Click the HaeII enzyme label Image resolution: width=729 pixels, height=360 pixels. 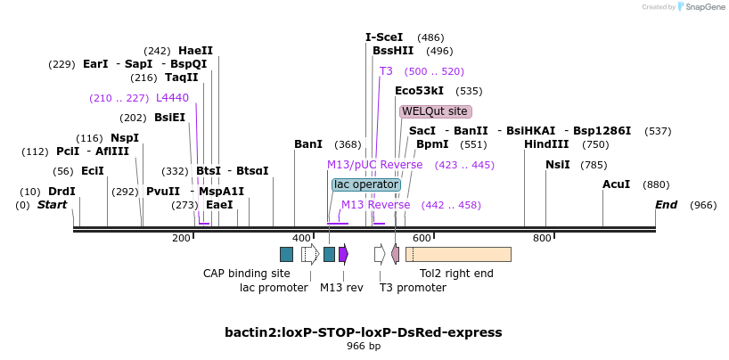[x=195, y=51]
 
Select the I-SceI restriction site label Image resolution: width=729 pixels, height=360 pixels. [x=384, y=37]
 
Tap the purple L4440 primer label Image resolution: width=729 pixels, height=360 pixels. [x=172, y=97]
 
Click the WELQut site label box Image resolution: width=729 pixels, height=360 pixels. [x=435, y=111]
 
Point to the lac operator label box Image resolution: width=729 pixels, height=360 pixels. [x=365, y=184]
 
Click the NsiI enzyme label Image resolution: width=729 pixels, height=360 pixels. [x=557, y=165]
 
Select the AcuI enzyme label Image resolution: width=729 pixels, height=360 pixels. [x=616, y=184]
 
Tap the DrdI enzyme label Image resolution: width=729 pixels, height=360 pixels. [x=61, y=192]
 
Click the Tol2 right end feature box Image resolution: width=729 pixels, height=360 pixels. [x=458, y=254]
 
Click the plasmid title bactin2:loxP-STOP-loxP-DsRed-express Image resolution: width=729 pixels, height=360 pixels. [x=364, y=332]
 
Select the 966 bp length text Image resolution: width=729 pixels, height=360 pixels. [x=364, y=346]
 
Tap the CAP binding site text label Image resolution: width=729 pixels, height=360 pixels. [x=247, y=274]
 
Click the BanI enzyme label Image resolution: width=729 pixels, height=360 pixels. [x=308, y=144]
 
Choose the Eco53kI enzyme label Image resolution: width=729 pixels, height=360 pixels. [x=419, y=91]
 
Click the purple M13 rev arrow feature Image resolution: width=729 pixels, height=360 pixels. [x=343, y=254]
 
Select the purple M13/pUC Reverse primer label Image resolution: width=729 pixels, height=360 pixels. [x=374, y=165]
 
